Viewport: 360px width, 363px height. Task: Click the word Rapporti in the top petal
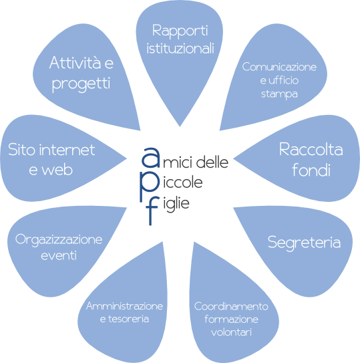point(180,31)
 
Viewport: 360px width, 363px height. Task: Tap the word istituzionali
point(180,48)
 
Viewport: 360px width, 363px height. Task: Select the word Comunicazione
point(279,67)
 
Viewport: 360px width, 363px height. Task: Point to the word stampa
point(279,94)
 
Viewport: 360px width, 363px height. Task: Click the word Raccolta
point(311,150)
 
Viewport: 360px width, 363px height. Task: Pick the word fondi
point(311,170)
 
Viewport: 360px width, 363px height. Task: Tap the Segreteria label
point(304,243)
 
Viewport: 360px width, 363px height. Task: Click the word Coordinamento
point(231,306)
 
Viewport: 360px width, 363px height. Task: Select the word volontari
point(231,332)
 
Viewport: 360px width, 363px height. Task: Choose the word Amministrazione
point(124,306)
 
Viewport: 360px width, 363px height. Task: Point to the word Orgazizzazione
point(59,240)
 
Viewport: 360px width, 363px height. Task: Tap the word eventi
point(59,255)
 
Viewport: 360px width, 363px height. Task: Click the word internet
point(67,150)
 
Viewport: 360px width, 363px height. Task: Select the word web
point(57,170)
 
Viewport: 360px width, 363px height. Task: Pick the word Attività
point(75,63)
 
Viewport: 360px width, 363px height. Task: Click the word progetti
point(81,84)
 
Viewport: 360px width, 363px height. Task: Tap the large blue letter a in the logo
point(151,157)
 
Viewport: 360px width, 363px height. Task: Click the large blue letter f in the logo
point(152,211)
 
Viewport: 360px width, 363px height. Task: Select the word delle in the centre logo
point(212,162)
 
